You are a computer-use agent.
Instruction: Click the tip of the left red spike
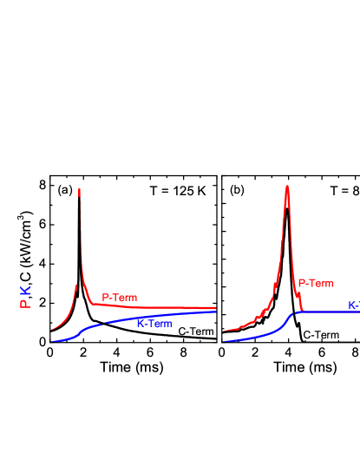pyautogui.click(x=80, y=189)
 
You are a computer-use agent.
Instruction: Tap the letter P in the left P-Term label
pyautogui.click(x=105, y=298)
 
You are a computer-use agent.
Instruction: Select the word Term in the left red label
pyautogui.click(x=125, y=298)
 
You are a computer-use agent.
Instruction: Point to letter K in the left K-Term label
pyautogui.click(x=141, y=324)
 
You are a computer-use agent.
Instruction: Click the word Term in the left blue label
pyautogui.click(x=160, y=324)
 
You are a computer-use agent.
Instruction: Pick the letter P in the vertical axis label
pyautogui.click(x=25, y=304)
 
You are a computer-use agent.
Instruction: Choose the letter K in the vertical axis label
pyautogui.click(x=25, y=289)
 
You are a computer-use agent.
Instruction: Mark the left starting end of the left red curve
pyautogui.click(x=51, y=330)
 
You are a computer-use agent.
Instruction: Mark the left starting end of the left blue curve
pyautogui.click(x=51, y=341)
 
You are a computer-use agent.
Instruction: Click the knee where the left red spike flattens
pyautogui.click(x=90, y=304)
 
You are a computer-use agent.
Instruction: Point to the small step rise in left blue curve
pyautogui.click(x=82, y=331)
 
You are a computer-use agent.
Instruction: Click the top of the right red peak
pyautogui.click(x=287, y=187)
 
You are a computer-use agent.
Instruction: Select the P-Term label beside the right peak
pyautogui.click(x=316, y=283)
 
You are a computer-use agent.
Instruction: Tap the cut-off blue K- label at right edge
pyautogui.click(x=353, y=305)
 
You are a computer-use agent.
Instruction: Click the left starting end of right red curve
pyautogui.click(x=225, y=330)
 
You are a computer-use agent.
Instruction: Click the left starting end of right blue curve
pyautogui.click(x=225, y=341)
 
